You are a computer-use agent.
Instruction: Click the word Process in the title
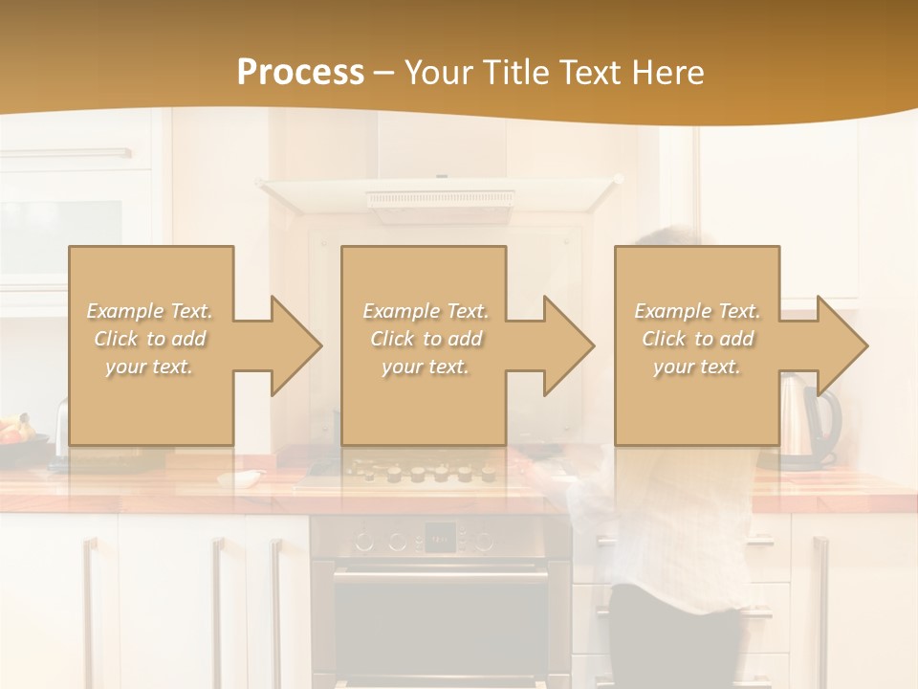pyautogui.click(x=300, y=72)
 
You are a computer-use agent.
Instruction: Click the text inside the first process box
pyautogui.click(x=150, y=339)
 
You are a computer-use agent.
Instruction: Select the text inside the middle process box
pyautogui.click(x=426, y=339)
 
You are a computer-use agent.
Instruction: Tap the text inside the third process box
pyautogui.click(x=697, y=339)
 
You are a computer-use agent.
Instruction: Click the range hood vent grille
pyautogui.click(x=440, y=199)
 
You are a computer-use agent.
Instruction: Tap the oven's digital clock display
pyautogui.click(x=439, y=539)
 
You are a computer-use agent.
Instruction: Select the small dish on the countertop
pyautogui.click(x=239, y=477)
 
